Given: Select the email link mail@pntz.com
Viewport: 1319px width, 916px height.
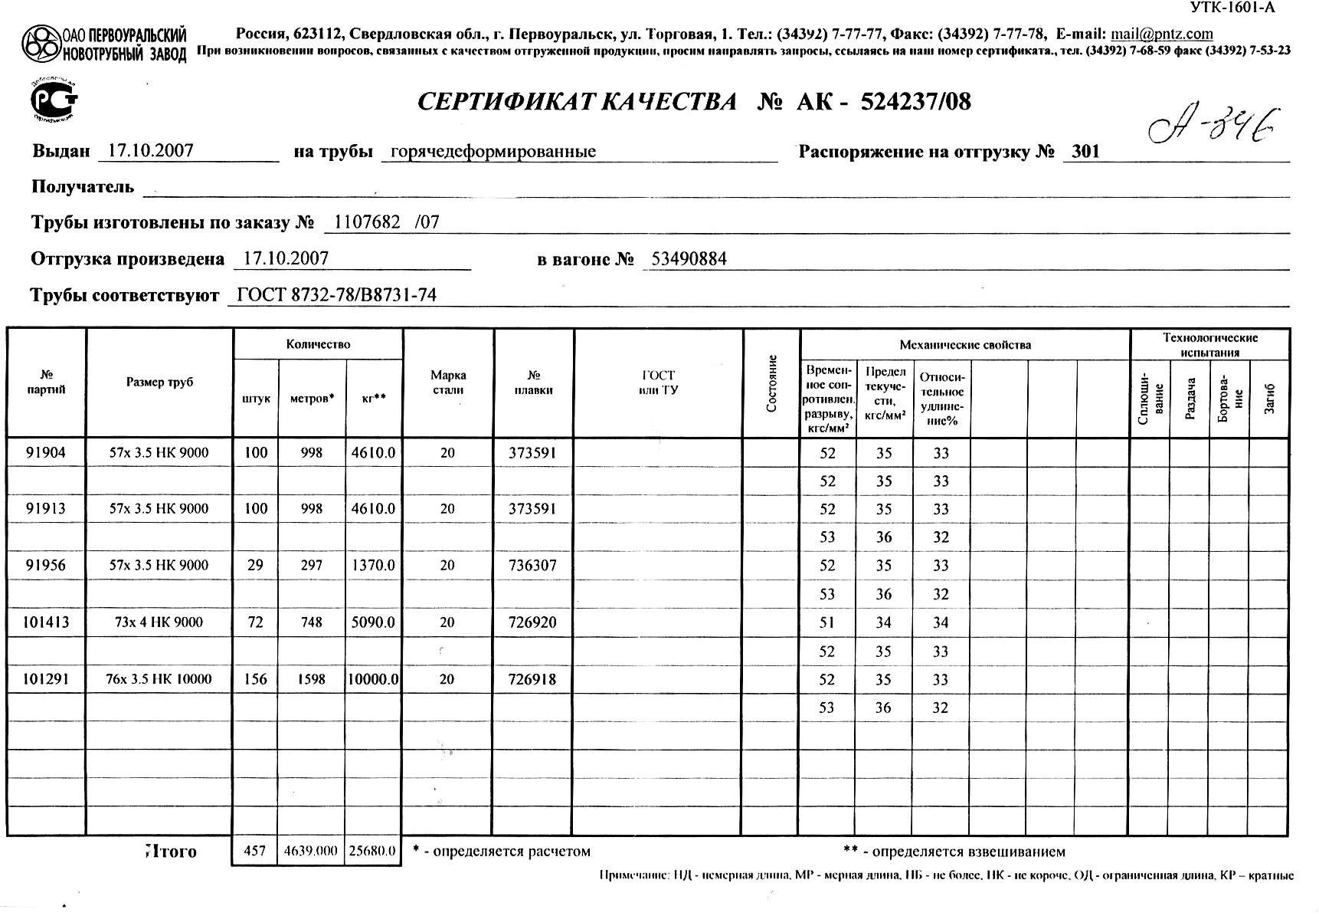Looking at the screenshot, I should tap(1161, 34).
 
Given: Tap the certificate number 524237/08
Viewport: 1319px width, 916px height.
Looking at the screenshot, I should tap(916, 102).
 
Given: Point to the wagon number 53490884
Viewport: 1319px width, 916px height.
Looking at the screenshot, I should tap(689, 259).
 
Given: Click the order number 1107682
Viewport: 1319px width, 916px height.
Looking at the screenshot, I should tap(368, 222).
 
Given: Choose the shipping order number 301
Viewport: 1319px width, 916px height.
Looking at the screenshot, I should tap(1085, 152).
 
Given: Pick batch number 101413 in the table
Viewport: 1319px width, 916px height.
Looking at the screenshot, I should tap(46, 622).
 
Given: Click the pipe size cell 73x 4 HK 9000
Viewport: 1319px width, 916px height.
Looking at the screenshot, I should tap(159, 622).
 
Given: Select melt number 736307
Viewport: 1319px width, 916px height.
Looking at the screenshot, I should tap(532, 566).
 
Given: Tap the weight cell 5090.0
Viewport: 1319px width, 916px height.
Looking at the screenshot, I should tap(373, 622).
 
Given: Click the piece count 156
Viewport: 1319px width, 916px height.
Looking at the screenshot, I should tap(255, 679).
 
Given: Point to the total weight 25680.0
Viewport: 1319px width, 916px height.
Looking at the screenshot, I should tap(372, 851).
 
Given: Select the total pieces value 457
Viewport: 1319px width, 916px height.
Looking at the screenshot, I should tap(254, 851).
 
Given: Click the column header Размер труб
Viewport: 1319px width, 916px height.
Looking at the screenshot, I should tap(159, 382).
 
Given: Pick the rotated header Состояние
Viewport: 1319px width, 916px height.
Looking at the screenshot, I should tap(772, 383).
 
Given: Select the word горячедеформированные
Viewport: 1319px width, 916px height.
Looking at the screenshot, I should tap(493, 152).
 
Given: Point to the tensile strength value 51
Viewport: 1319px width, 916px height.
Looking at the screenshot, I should tap(827, 622).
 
